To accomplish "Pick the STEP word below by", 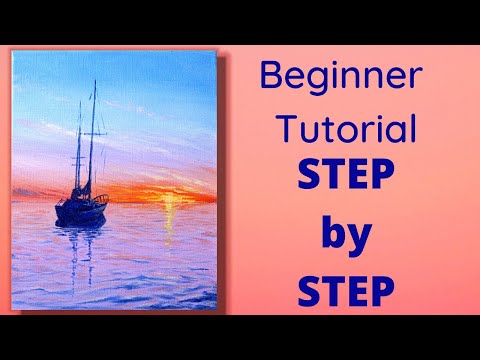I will coord(344,294).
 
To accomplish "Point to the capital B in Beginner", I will coord(271,77).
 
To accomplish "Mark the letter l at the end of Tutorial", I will coord(411,129).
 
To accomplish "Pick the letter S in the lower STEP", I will coord(310,294).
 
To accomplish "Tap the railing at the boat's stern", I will coord(62,199).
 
